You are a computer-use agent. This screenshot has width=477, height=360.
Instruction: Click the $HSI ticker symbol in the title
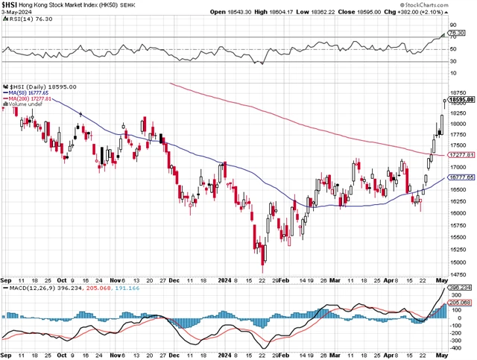[x=10, y=4]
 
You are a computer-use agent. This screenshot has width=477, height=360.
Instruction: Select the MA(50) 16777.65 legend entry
[x=30, y=93]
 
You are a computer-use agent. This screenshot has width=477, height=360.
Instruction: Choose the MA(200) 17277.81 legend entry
[x=31, y=99]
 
